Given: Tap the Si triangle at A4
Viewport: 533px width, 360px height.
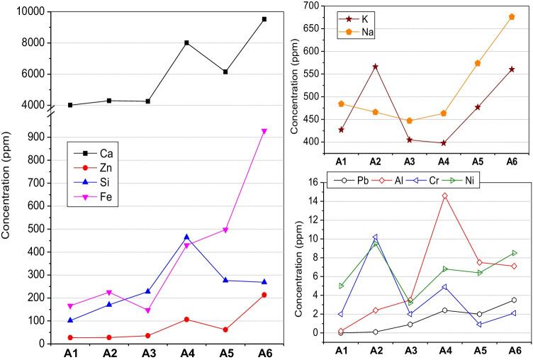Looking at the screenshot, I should click(x=186, y=237).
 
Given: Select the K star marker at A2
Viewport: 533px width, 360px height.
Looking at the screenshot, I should click(x=375, y=67).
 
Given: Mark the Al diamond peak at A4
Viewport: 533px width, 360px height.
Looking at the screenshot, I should click(x=444, y=196).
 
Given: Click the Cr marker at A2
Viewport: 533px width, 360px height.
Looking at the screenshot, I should click(x=375, y=237).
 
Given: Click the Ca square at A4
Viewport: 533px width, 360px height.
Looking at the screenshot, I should click(x=186, y=43).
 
